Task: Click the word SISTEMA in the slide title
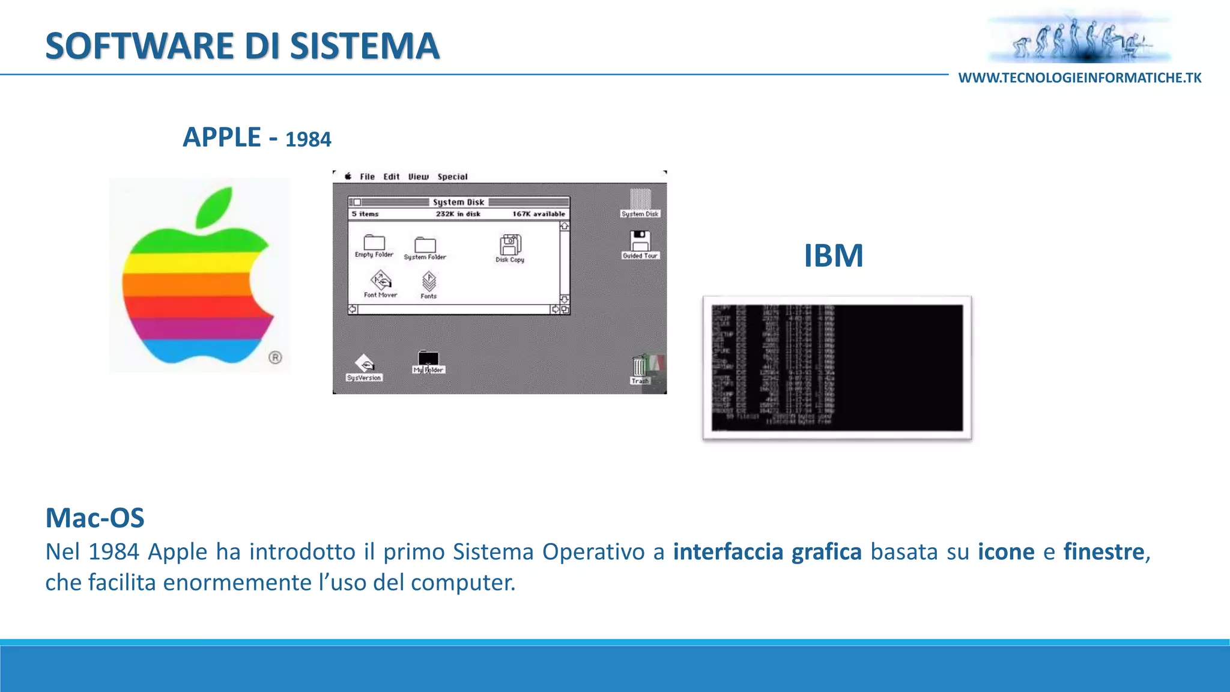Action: (365, 46)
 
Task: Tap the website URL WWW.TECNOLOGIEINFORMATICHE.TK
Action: (1079, 78)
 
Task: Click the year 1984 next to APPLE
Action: (308, 139)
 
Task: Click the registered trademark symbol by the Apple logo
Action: (275, 358)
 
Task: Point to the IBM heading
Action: (833, 256)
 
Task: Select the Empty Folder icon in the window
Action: (374, 243)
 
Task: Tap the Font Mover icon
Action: (381, 281)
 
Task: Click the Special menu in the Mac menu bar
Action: (452, 177)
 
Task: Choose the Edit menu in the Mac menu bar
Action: (391, 177)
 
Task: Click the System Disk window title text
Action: (458, 202)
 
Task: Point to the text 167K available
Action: (538, 214)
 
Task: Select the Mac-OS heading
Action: (95, 518)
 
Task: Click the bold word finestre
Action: (1103, 551)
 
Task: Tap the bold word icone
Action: (1006, 551)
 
